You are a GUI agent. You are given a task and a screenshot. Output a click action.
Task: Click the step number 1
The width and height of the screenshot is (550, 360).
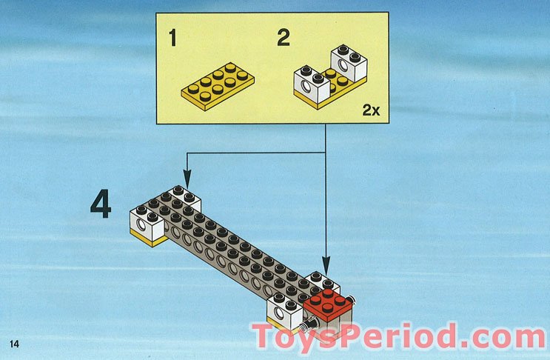[172, 38]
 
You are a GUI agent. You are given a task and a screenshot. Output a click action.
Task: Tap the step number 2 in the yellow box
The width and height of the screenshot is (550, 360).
[283, 38]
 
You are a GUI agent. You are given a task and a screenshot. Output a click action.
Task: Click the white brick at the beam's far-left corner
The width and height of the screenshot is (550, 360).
[147, 220]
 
